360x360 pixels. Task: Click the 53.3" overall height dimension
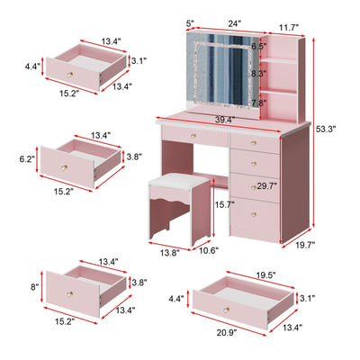point(327,130)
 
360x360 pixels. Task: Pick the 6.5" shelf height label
point(258,46)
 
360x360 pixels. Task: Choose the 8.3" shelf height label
point(258,74)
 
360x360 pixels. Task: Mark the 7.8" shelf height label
point(258,103)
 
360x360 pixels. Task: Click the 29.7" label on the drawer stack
point(267,186)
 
